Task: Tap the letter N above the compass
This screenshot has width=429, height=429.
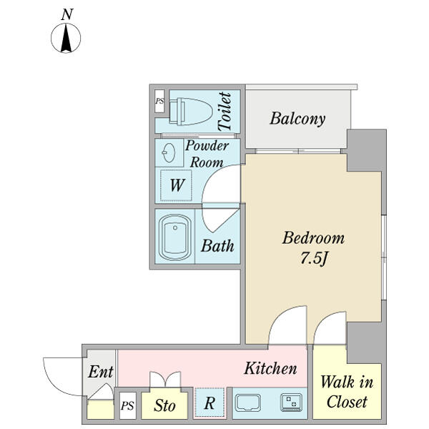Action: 67,14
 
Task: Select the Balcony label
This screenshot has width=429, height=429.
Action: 297,119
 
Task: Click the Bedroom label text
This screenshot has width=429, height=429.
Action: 313,238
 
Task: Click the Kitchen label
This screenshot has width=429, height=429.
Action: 270,369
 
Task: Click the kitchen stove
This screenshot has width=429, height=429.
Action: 292,403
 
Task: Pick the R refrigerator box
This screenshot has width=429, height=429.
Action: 209,403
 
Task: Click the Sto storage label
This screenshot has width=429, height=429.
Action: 165,405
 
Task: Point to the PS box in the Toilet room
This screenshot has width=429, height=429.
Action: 159,102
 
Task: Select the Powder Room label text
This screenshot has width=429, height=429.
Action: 207,154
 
